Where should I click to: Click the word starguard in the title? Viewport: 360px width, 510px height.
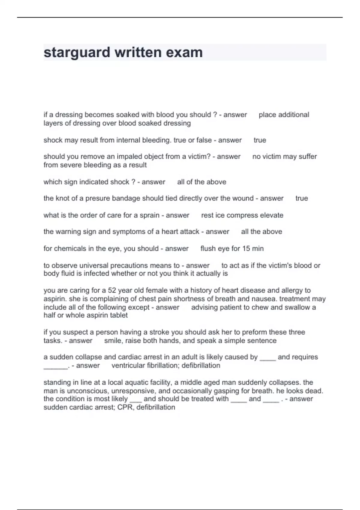(76, 52)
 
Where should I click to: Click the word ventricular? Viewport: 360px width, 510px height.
(128, 365)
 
